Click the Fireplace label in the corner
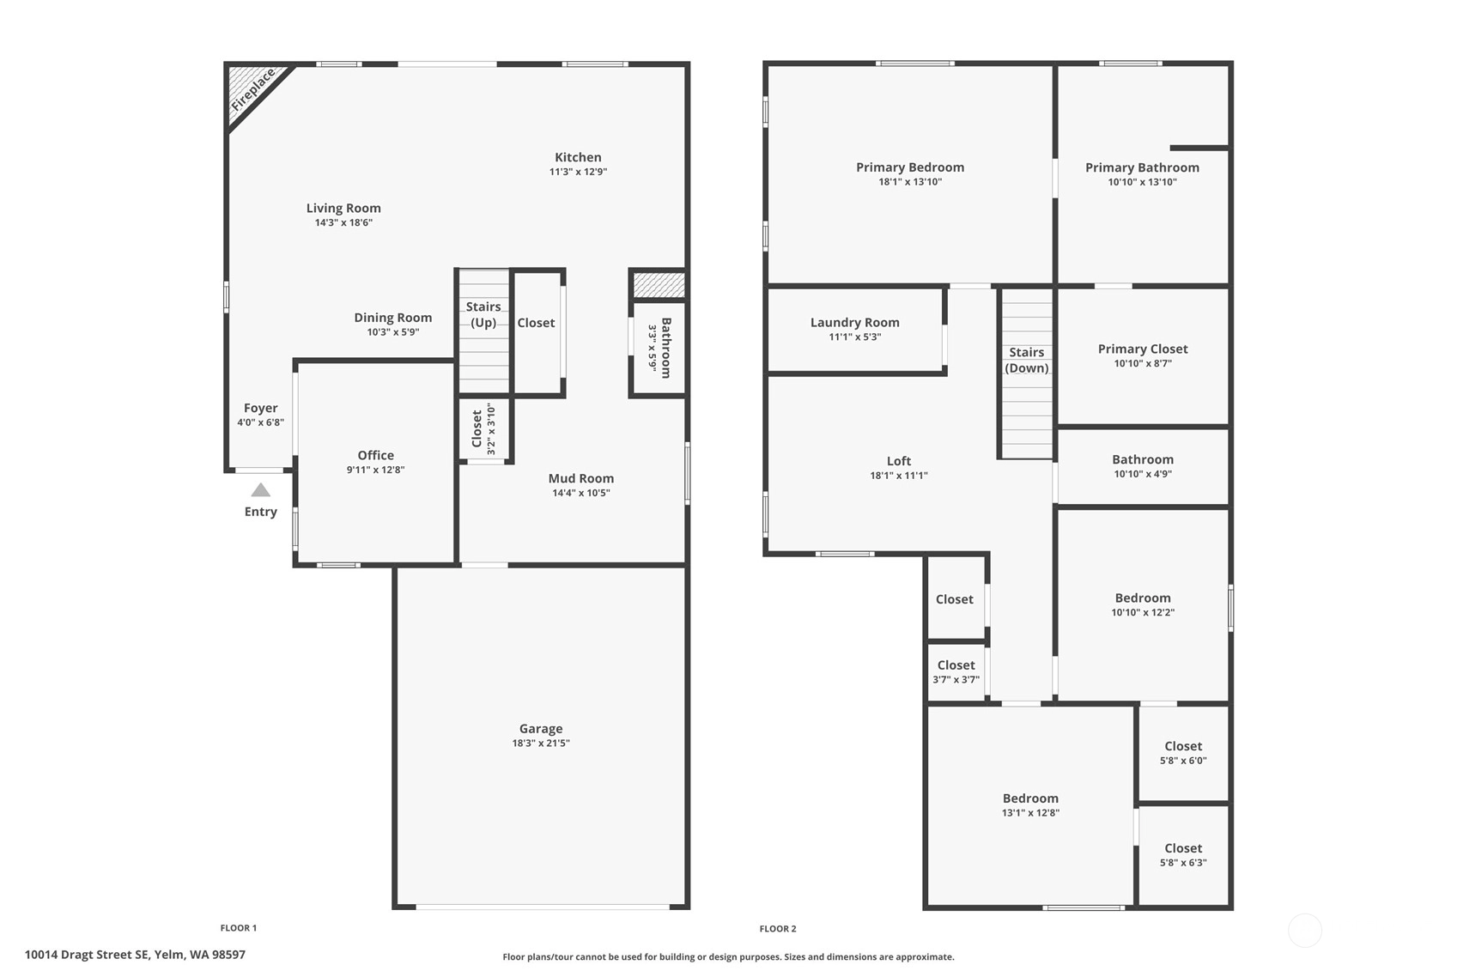(x=253, y=89)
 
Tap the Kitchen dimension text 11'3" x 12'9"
(x=578, y=172)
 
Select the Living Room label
(x=343, y=208)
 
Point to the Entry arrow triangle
(x=261, y=489)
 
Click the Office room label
(x=376, y=455)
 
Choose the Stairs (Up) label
(x=483, y=315)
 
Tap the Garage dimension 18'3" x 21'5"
(x=541, y=743)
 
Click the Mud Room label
(x=581, y=478)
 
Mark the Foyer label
(x=261, y=409)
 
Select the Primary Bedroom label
(x=910, y=167)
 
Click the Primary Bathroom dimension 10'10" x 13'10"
(x=1142, y=182)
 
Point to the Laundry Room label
(x=854, y=323)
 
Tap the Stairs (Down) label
(x=1026, y=361)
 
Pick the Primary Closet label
(x=1143, y=349)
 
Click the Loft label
(x=899, y=461)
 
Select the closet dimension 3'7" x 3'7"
(x=956, y=680)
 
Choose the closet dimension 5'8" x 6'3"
(x=1183, y=863)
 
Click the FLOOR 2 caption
(x=778, y=929)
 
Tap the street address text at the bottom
(x=136, y=955)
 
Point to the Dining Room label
(x=393, y=318)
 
